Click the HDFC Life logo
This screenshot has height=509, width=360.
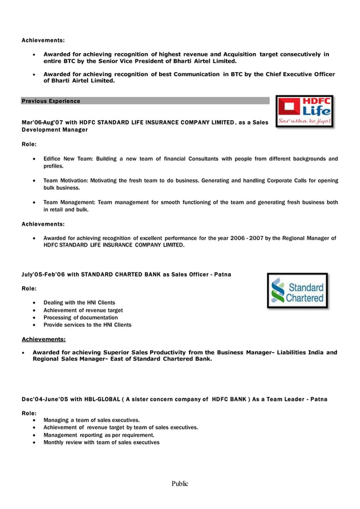tap(305, 111)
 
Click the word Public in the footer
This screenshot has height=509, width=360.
tap(180, 484)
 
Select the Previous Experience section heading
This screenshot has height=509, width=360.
tap(51, 101)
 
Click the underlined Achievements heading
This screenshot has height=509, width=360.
tap(43, 339)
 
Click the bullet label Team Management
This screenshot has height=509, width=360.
tap(70, 202)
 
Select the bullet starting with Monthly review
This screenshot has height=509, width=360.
tap(102, 442)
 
